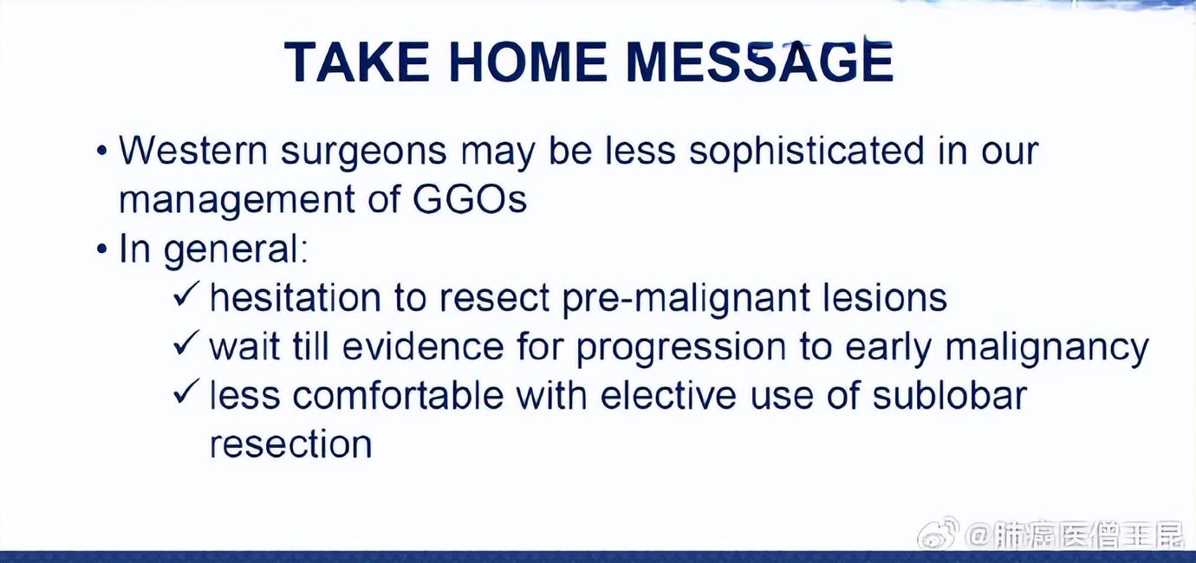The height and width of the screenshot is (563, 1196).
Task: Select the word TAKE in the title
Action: coord(357,61)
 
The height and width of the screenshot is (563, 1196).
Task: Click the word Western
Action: coord(192,151)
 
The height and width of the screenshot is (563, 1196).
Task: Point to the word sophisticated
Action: coord(806,152)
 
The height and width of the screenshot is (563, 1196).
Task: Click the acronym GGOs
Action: coord(470,199)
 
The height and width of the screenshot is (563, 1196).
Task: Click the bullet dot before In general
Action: coord(101,249)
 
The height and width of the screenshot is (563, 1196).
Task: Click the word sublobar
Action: coord(949,395)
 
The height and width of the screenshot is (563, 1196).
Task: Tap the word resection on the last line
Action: coord(291,444)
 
